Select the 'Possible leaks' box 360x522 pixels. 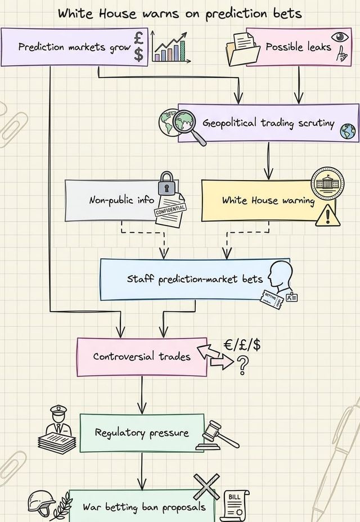tap(298, 47)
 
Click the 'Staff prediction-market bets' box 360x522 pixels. tap(195, 279)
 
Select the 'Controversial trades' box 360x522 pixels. tap(142, 357)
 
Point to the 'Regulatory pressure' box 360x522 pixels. tap(142, 433)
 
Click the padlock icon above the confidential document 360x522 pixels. tap(167, 184)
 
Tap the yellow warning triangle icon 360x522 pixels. tap(327, 215)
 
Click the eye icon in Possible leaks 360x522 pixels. tap(339, 37)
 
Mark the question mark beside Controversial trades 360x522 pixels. tap(243, 366)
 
